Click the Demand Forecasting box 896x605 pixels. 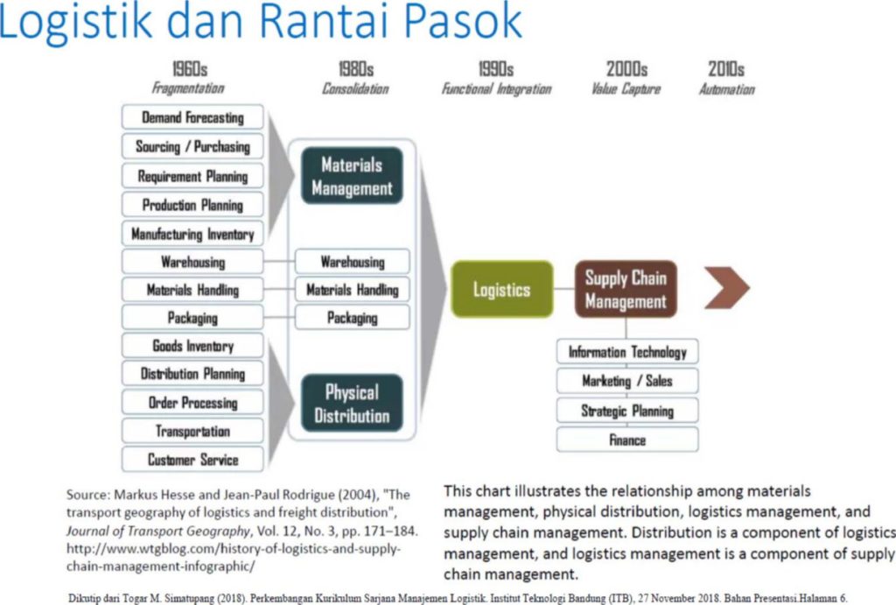(192, 117)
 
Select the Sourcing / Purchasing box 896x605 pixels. (192, 146)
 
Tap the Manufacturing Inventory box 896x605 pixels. (192, 234)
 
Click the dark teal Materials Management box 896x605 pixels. (352, 176)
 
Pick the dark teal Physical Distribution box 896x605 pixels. (352, 403)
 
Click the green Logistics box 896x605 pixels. (501, 289)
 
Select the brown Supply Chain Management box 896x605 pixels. (626, 289)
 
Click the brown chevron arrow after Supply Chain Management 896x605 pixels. (727, 288)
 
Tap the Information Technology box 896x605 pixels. (627, 352)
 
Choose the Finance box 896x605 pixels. (627, 440)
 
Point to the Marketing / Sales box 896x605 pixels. (627, 381)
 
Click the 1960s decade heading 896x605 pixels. (190, 69)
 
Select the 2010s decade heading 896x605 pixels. (726, 69)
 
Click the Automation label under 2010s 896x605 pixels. (727, 89)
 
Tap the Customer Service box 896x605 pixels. (192, 459)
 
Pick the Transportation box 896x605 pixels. (192, 431)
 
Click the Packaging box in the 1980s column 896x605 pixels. (352, 317)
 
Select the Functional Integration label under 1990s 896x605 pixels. (497, 89)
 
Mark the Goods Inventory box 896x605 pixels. (192, 345)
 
